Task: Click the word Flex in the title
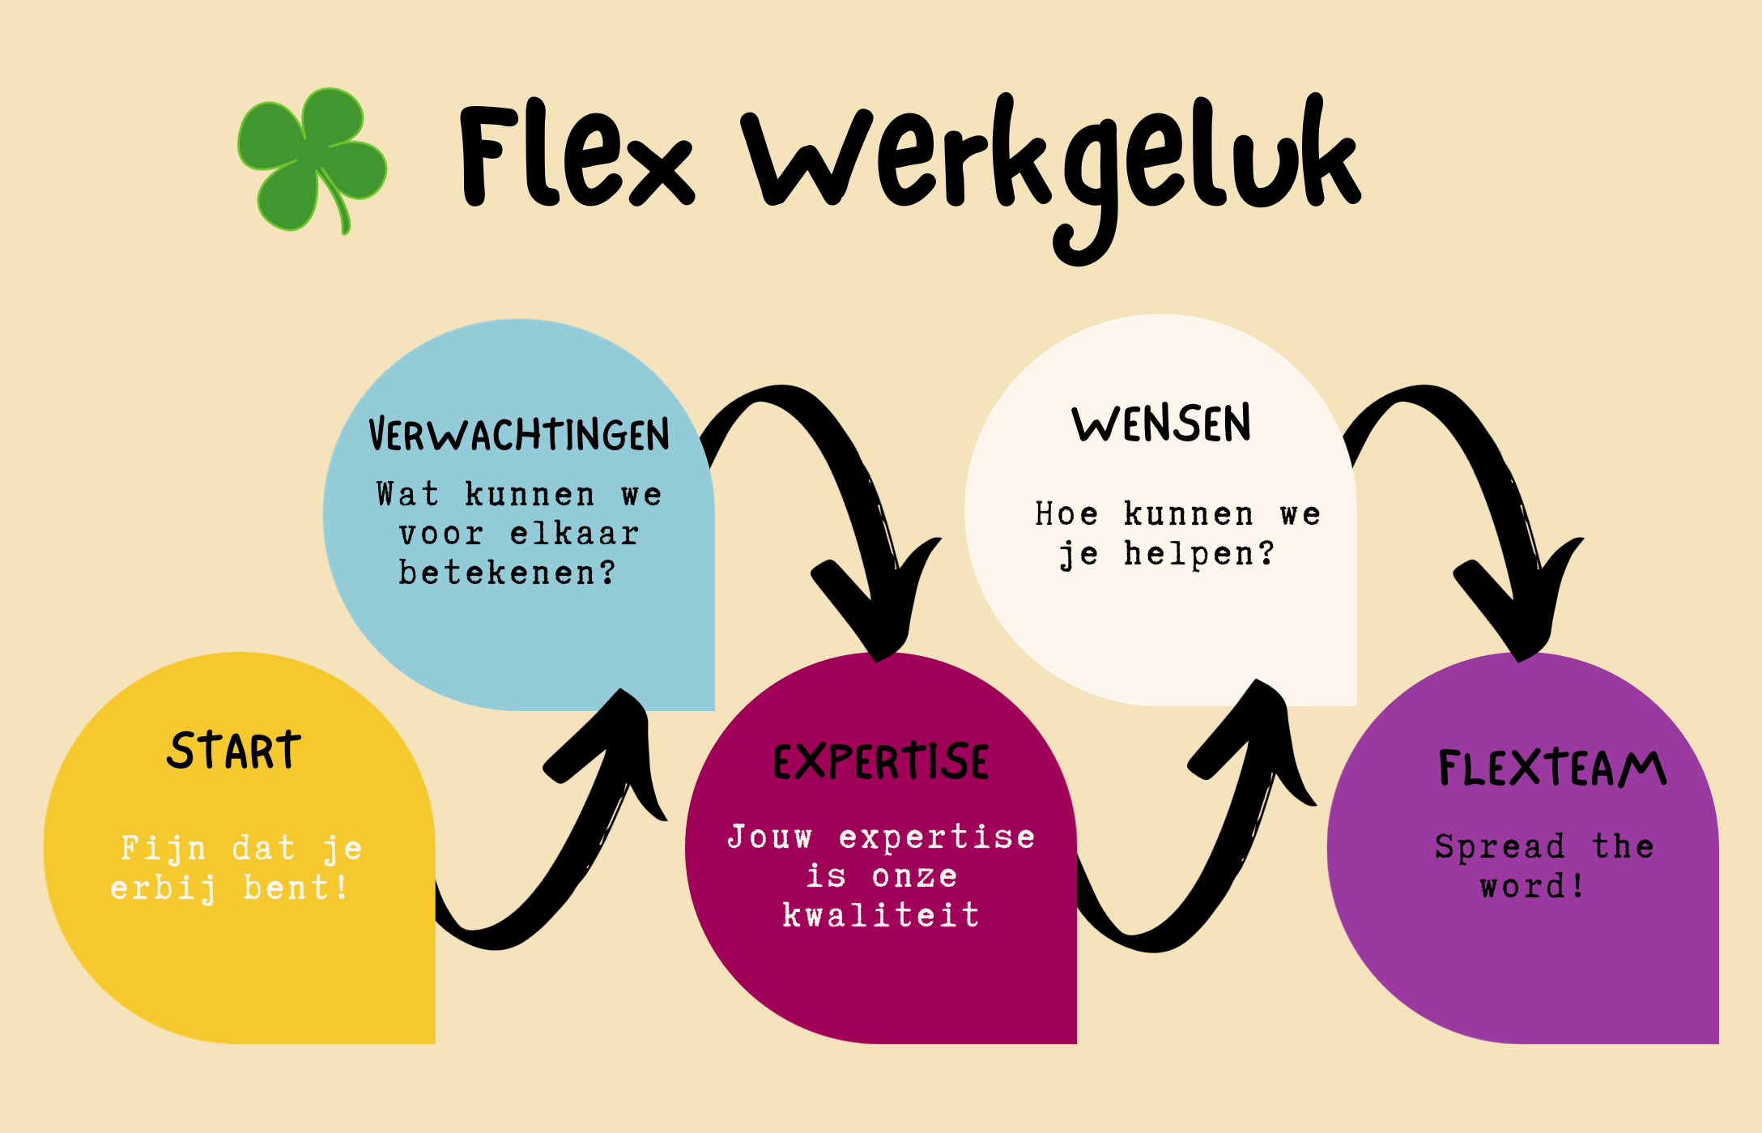[575, 158]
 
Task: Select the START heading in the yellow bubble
[234, 751]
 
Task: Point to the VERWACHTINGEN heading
[519, 435]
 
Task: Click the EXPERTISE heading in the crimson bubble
[881, 762]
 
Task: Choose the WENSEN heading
[1161, 424]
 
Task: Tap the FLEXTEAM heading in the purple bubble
[1551, 769]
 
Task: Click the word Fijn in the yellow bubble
[163, 849]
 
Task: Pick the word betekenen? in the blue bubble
[508, 573]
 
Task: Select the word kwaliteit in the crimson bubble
[881, 915]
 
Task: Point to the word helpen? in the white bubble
[1198, 554]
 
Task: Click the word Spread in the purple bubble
[1500, 847]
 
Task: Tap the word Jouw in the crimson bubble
[769, 837]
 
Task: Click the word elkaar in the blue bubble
[575, 534]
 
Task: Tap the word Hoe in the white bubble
[1066, 514]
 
